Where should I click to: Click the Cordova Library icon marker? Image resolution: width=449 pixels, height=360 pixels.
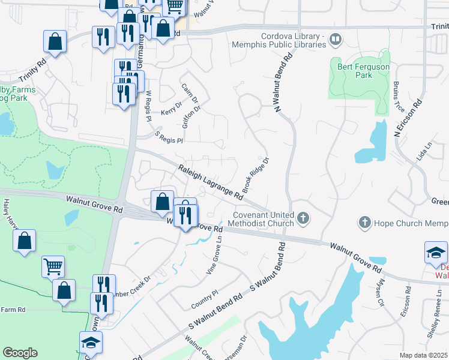(x=336, y=40)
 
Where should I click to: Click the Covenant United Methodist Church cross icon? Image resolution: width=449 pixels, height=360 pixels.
(x=304, y=218)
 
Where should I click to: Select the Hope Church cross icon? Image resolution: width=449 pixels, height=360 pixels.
(x=364, y=223)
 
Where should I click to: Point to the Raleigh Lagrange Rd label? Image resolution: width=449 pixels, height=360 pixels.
(x=210, y=182)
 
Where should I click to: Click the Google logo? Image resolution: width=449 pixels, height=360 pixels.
(x=20, y=353)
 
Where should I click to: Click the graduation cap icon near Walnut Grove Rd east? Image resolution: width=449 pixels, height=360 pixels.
(x=436, y=253)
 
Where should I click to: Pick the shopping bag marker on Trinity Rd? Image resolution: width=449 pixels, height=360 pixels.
(x=55, y=42)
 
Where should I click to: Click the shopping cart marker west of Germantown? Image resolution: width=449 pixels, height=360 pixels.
(x=53, y=265)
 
